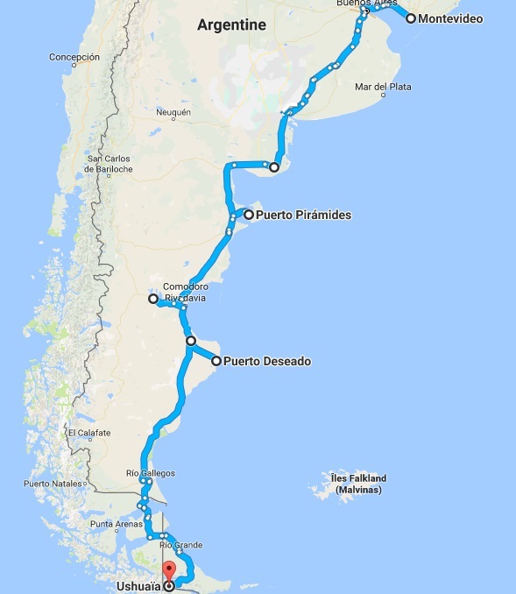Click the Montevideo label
tap(450, 18)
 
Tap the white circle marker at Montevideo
tap(410, 18)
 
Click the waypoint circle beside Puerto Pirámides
tap(249, 214)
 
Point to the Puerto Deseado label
tap(267, 360)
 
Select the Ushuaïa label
tap(137, 587)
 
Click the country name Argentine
tap(231, 25)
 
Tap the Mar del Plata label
tap(383, 87)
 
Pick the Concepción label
tap(74, 57)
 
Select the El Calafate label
tap(89, 433)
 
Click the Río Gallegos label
tap(151, 473)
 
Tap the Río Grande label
tap(180, 545)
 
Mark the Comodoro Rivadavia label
tap(185, 291)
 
